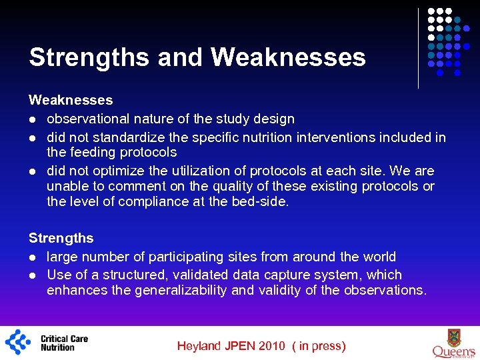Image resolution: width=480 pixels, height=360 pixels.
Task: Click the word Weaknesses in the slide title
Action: coord(288,57)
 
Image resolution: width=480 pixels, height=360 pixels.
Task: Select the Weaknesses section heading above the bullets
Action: coord(71,100)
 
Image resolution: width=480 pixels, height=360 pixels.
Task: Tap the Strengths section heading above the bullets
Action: coord(61,238)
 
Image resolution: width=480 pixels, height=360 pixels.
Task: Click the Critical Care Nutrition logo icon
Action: coord(18,342)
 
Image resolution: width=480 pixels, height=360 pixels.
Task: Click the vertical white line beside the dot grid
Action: coord(418,48)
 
